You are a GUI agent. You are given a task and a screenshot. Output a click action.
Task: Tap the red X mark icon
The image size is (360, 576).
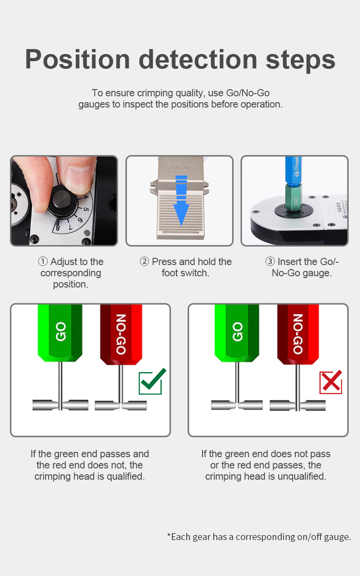[331, 382]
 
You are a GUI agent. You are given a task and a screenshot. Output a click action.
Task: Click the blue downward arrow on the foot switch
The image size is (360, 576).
[181, 201]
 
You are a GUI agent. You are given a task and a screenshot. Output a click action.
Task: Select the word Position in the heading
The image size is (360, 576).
[77, 59]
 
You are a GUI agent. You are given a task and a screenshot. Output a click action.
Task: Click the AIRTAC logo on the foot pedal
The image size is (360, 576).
[181, 168]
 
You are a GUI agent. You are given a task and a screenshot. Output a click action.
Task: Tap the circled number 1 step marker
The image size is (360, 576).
[43, 261]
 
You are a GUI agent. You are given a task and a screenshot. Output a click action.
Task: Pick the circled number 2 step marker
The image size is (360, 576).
[144, 261]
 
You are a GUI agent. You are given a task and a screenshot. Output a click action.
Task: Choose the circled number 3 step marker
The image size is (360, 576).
[270, 261]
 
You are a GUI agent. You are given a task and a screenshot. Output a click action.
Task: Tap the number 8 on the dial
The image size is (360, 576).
[58, 228]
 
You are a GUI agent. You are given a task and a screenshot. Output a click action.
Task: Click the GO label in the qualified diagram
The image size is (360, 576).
[61, 332]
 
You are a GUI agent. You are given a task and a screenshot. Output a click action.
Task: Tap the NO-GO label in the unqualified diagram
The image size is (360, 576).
[298, 334]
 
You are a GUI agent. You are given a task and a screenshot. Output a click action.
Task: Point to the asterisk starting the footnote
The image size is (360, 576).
[169, 535]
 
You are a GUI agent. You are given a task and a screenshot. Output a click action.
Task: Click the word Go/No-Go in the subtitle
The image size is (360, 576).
[248, 93]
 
